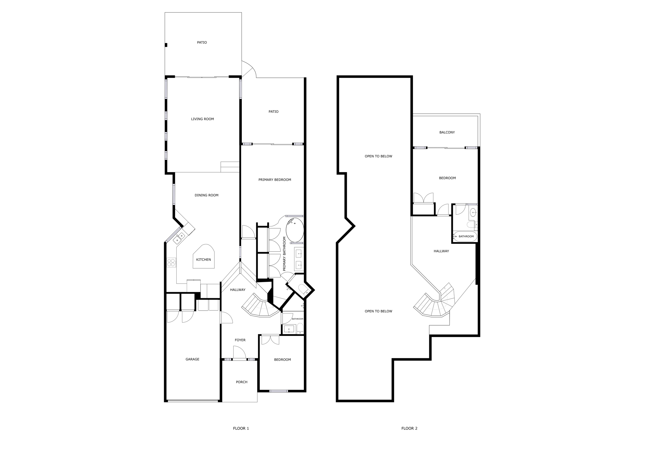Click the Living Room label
point(203,119)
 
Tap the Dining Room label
point(207,195)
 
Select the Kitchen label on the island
point(203,259)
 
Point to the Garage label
point(192,359)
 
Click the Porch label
point(242,382)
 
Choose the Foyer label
point(240,340)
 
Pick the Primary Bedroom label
point(275,180)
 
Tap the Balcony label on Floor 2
point(447,133)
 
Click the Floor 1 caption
point(241,428)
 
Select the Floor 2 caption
point(409,428)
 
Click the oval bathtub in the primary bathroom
point(295,230)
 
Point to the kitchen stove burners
point(171,263)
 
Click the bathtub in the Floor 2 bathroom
point(465,236)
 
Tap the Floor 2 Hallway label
point(441,251)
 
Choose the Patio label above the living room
point(202,43)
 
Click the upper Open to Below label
point(379,156)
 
